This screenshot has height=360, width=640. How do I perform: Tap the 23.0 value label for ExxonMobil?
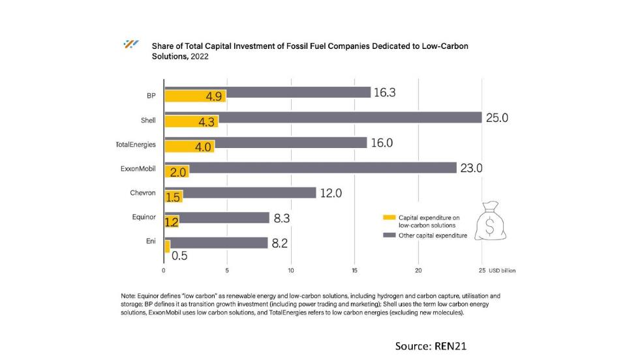[471, 168]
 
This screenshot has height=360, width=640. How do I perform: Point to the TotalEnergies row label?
[136, 144]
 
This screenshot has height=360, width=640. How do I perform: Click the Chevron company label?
[142, 193]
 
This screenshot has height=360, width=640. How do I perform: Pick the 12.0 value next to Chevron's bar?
[330, 193]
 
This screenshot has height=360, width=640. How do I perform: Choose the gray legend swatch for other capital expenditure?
[389, 235]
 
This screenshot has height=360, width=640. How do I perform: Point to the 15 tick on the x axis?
[354, 270]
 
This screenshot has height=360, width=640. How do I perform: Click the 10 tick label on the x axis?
[291, 270]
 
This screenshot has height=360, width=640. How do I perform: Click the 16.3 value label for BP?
[384, 93]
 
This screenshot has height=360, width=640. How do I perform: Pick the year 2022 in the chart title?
[199, 57]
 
